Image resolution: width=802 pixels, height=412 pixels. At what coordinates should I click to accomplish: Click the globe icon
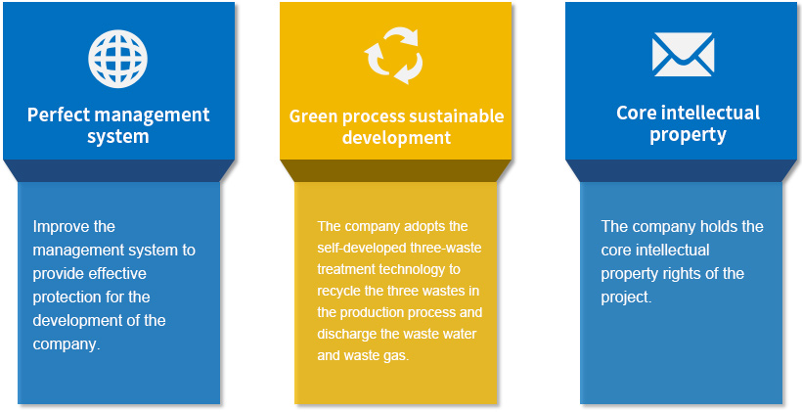(x=117, y=59)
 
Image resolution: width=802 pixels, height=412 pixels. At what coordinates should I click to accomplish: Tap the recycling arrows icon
(x=393, y=56)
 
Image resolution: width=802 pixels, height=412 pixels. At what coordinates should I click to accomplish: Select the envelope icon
(x=683, y=54)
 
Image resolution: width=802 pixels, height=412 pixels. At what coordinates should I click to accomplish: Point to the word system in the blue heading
(x=118, y=137)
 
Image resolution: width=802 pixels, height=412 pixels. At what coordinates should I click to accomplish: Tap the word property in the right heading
(x=688, y=135)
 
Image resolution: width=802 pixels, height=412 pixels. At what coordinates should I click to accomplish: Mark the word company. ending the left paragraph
(x=66, y=344)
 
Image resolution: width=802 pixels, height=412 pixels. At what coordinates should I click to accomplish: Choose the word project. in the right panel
(x=626, y=298)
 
